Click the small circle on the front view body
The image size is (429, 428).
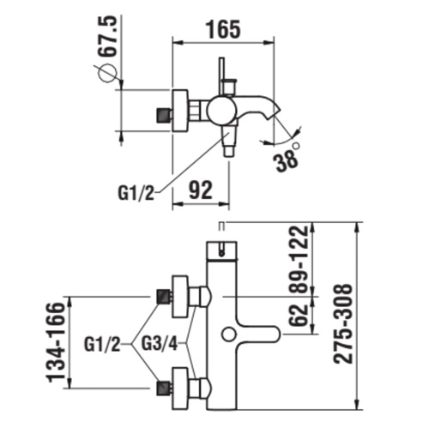(230, 332)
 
